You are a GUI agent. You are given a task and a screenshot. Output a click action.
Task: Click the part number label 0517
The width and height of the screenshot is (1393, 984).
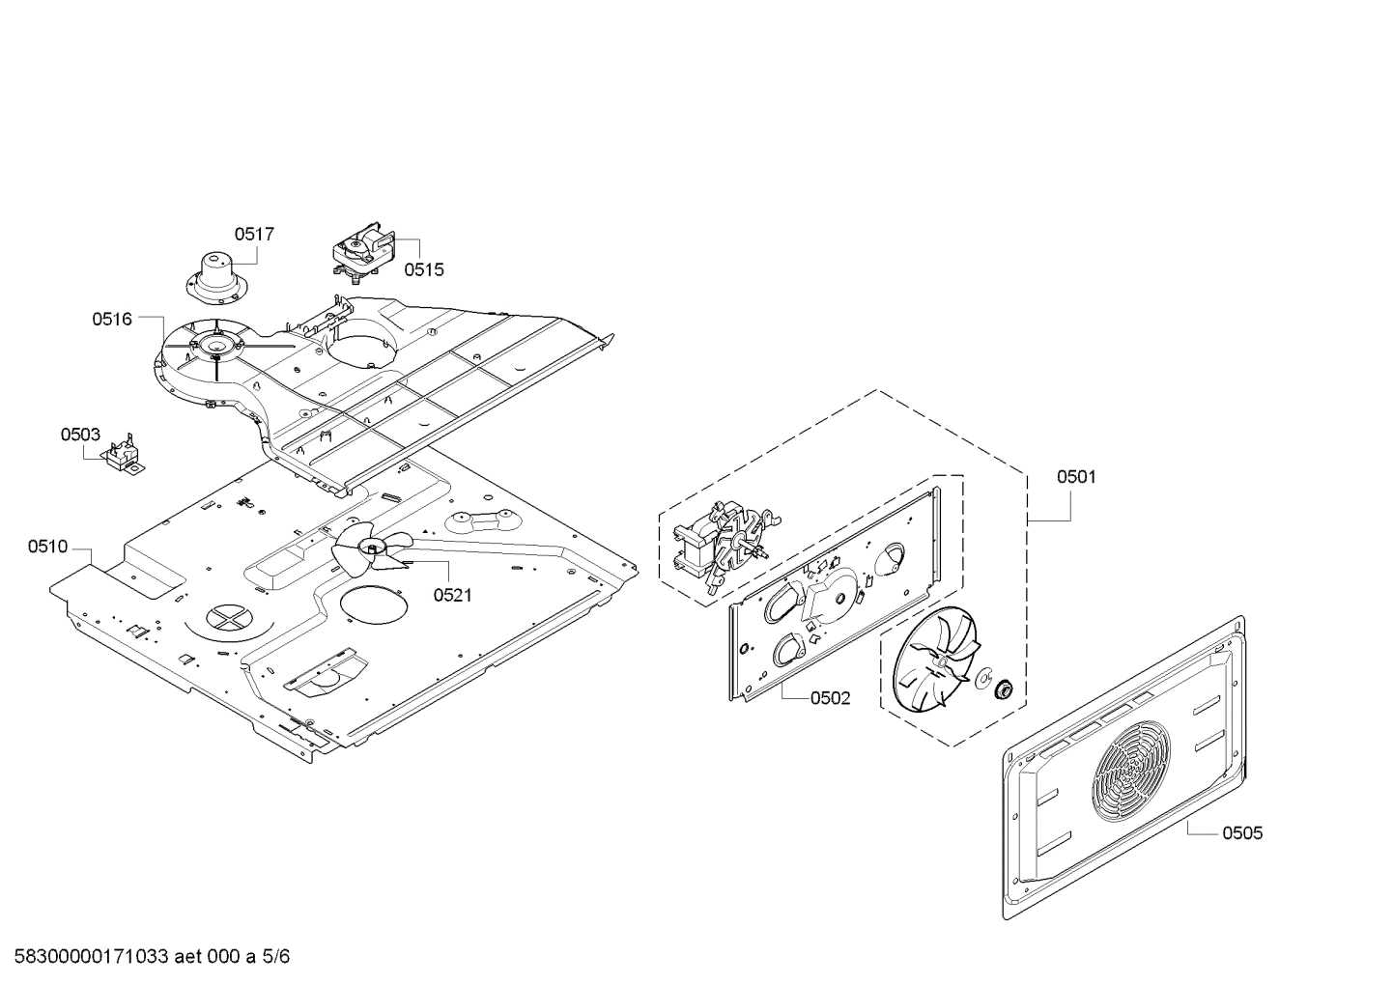[254, 234]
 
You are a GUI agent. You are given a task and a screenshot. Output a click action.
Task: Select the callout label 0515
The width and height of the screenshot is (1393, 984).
[423, 269]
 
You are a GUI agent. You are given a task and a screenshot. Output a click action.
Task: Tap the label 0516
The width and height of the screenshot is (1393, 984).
[112, 319]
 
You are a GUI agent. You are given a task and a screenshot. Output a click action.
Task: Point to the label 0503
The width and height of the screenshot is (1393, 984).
[80, 435]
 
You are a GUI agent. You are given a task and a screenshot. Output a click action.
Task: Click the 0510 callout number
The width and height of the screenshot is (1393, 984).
[47, 547]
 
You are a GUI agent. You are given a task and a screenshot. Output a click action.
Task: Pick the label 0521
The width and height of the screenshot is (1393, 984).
[452, 595]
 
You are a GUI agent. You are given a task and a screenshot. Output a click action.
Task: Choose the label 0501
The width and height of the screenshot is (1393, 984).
[1076, 476]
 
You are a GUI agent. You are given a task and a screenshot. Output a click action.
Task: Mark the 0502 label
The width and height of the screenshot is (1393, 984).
[830, 698]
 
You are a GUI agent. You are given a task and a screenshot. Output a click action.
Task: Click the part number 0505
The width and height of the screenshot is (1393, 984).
[1241, 832]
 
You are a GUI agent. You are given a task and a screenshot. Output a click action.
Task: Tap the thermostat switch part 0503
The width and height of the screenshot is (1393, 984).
[123, 456]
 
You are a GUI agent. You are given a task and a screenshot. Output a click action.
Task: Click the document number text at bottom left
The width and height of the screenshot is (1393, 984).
[145, 957]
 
